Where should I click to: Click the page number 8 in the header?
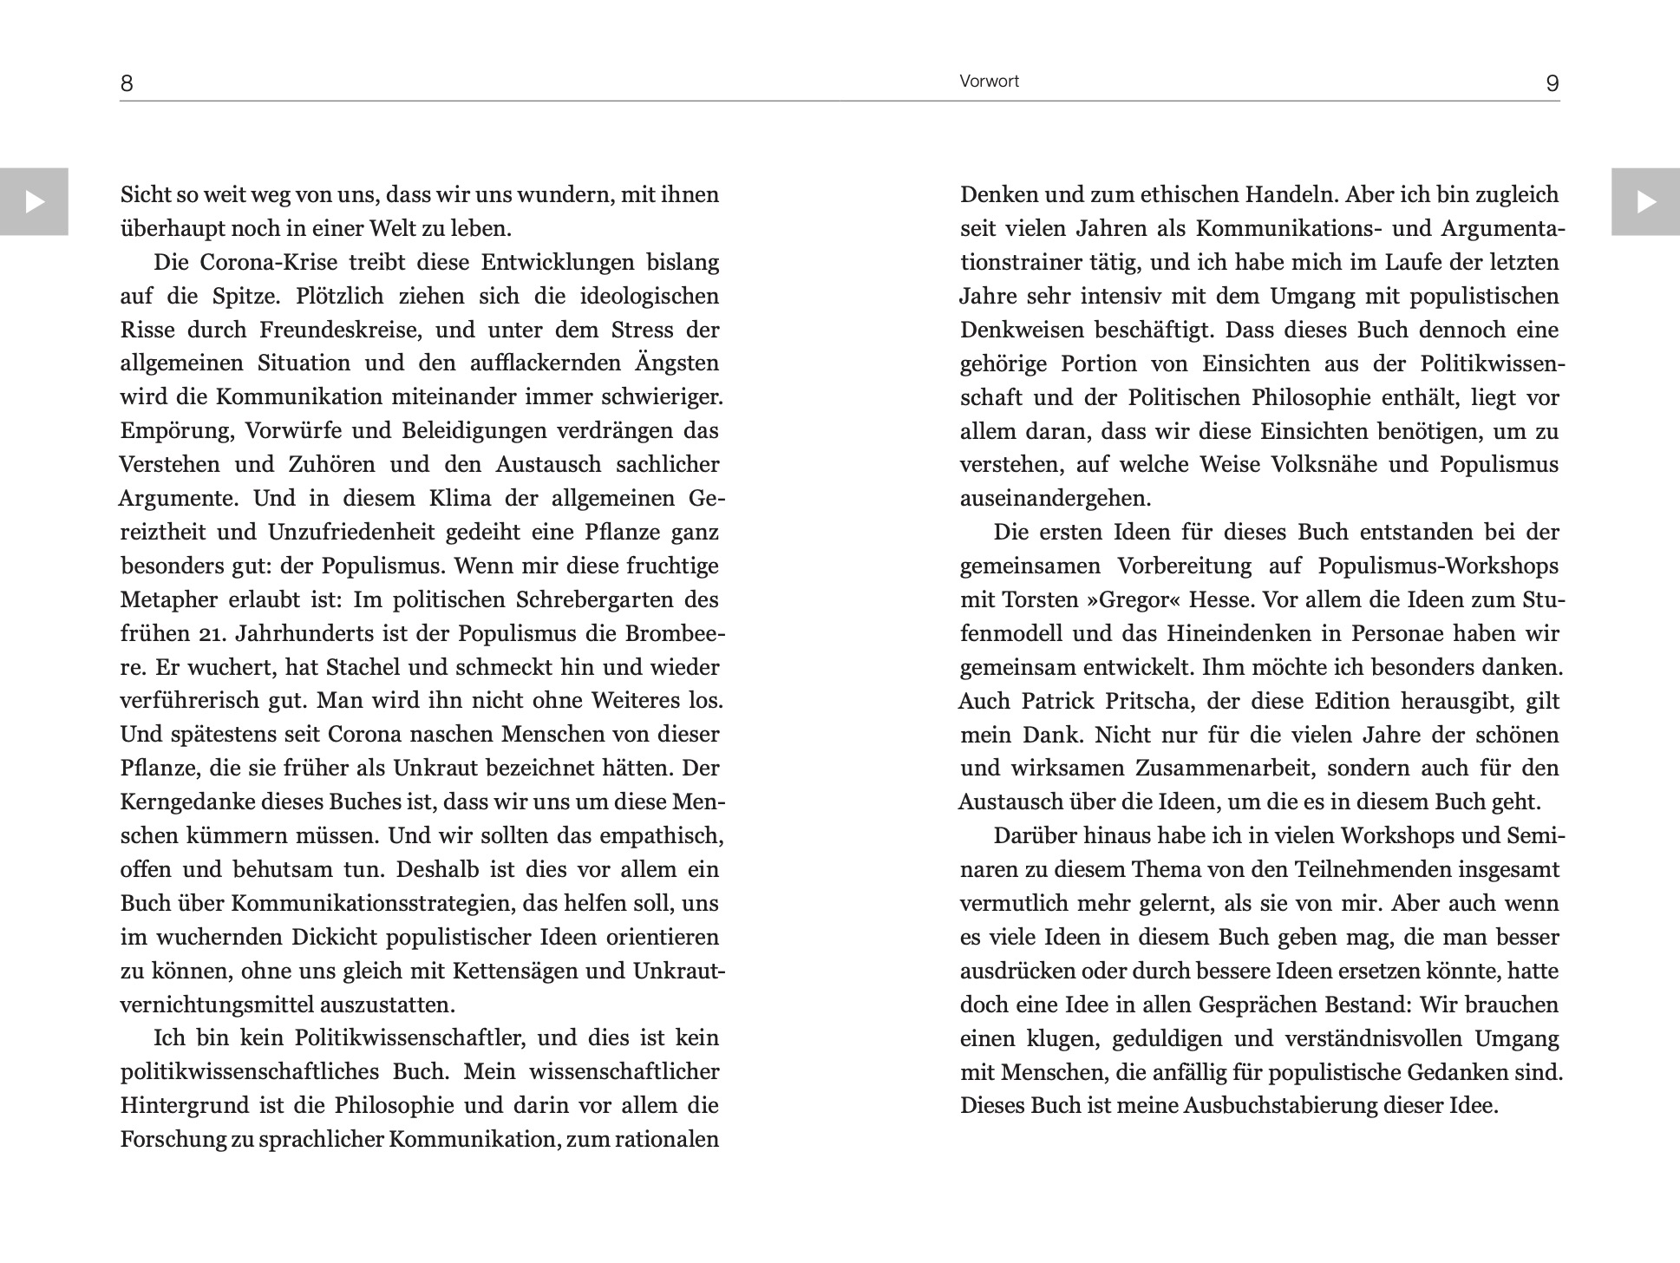coord(127,83)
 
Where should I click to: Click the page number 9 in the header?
coord(1553,83)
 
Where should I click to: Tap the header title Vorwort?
coord(989,82)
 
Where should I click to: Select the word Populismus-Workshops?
coord(1437,566)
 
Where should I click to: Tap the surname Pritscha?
coord(1153,702)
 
